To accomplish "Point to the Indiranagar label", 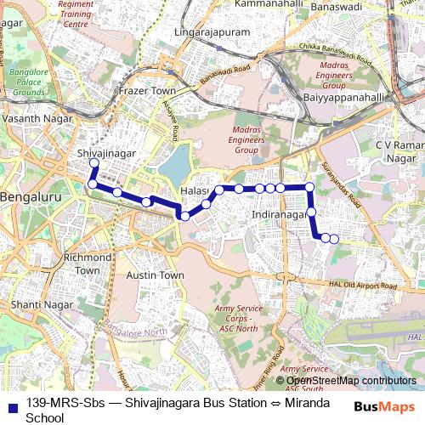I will [279, 216].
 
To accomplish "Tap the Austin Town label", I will [155, 275].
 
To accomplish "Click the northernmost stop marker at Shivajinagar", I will [94, 162].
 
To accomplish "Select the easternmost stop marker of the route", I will [334, 239].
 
